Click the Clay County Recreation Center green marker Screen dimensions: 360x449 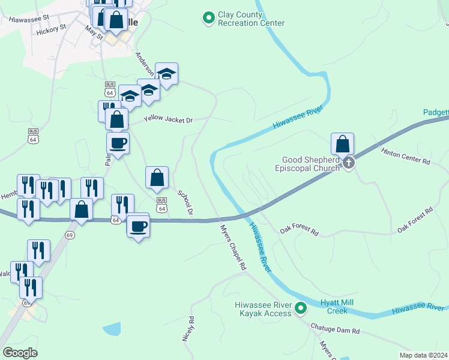click(x=208, y=19)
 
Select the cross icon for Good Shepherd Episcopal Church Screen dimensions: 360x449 click(x=348, y=163)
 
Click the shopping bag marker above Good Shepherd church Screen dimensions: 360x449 click(x=342, y=145)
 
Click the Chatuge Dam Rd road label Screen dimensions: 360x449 click(x=335, y=329)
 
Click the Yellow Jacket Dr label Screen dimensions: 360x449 click(x=168, y=120)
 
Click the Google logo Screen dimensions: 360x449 click(x=19, y=353)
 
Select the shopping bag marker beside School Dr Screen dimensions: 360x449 click(x=157, y=178)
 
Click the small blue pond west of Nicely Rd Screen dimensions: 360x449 click(x=112, y=329)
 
